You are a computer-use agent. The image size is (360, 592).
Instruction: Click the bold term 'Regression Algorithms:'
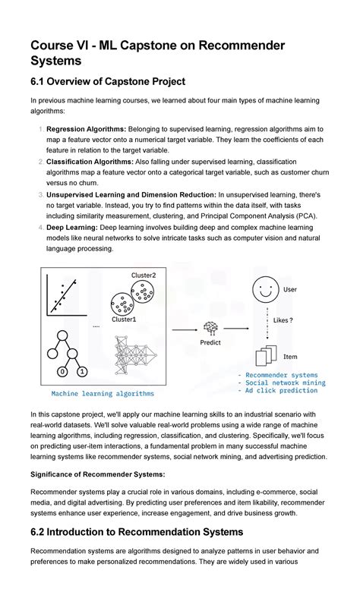(87, 130)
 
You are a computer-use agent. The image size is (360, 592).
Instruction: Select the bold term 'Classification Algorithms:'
(93, 162)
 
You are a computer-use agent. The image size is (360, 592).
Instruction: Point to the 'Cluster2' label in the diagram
(144, 275)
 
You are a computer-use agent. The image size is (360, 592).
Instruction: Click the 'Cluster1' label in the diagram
(124, 320)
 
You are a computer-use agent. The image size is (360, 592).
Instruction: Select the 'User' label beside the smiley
(290, 289)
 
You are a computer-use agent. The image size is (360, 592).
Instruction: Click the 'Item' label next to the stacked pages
(290, 356)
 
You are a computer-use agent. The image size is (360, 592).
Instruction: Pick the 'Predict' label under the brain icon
(210, 342)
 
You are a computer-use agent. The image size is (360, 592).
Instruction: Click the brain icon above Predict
(210, 328)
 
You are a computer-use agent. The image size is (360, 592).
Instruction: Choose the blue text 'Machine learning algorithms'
(103, 393)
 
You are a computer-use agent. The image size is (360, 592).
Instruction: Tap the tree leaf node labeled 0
(62, 372)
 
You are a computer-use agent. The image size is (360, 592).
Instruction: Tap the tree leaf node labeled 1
(81, 372)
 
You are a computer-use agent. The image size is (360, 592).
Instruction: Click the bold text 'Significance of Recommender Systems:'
(97, 474)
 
